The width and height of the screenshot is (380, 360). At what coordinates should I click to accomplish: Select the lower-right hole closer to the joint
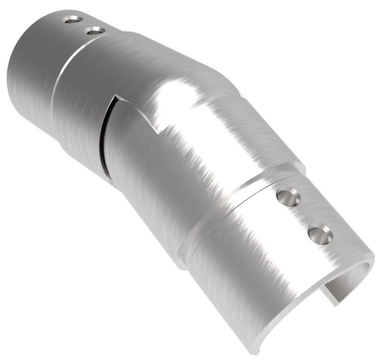288,198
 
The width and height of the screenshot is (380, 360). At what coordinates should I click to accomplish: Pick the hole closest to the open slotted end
320,236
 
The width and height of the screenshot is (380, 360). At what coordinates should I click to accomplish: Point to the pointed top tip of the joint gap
115,98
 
